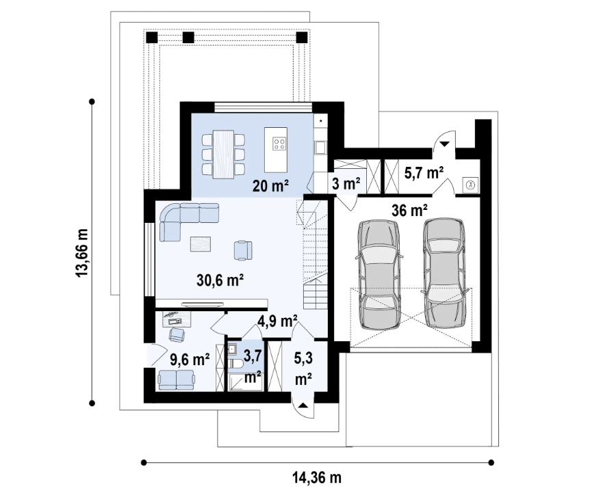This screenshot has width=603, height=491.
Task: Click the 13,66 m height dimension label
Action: tap(82, 252)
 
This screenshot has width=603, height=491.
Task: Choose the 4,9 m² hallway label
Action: tap(277, 320)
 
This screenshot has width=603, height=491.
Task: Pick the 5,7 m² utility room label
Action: tap(423, 172)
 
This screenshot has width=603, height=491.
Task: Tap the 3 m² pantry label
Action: tap(347, 183)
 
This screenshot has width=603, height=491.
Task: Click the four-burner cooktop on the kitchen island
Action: tap(280, 143)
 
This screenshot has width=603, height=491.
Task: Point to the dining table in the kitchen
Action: tap(223, 154)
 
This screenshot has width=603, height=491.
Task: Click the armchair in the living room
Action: tap(244, 250)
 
